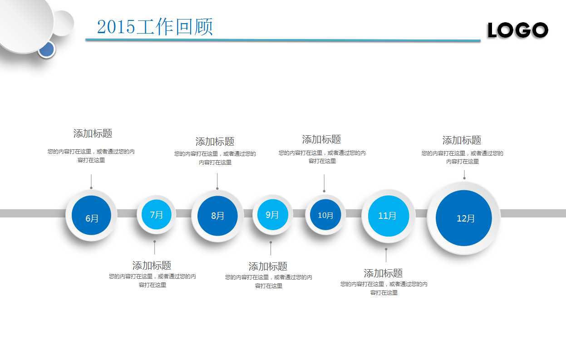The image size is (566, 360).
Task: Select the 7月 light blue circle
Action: point(156,214)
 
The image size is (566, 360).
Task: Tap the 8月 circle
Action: point(217,216)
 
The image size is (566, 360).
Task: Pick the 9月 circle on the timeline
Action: point(272,215)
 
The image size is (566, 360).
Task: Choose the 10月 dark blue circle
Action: point(325,215)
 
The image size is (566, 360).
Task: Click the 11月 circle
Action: point(388,216)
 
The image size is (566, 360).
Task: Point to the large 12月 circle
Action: point(463,218)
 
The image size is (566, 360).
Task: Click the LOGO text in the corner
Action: point(517,30)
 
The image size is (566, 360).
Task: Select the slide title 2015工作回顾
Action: point(155,27)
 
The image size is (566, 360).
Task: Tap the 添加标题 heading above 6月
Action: point(93,133)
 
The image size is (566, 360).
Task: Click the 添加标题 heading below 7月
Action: point(152,265)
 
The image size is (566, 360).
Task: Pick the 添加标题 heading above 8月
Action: point(215,142)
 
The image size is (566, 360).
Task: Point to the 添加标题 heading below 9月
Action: point(268,266)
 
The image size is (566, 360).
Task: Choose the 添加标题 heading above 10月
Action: point(321,139)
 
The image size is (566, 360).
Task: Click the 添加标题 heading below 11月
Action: point(383,273)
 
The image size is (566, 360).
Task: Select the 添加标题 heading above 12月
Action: point(462,140)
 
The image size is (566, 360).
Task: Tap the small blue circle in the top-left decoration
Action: point(46,49)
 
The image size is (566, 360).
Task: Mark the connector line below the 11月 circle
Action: point(386,255)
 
